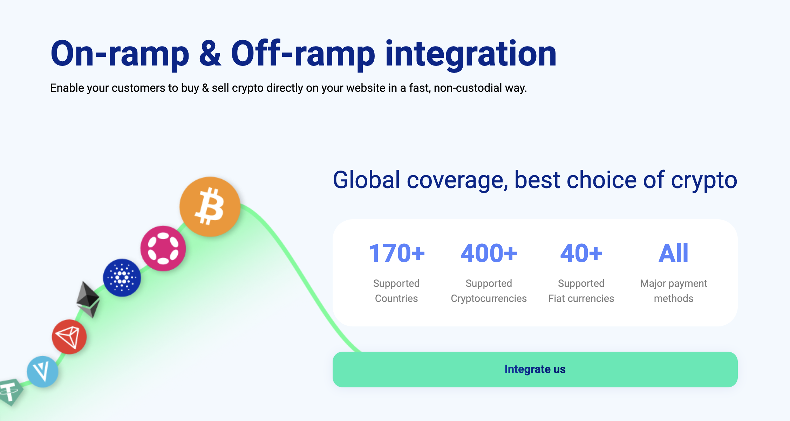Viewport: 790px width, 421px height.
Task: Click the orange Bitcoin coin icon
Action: [x=210, y=207]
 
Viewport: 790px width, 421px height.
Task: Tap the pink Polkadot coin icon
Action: [x=163, y=248]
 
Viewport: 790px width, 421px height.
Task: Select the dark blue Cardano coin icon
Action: [x=122, y=278]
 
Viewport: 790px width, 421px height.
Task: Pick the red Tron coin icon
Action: [x=69, y=337]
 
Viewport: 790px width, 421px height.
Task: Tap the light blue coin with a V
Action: [x=42, y=372]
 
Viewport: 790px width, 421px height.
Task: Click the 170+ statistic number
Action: [x=396, y=253]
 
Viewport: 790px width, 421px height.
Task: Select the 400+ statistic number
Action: [x=489, y=253]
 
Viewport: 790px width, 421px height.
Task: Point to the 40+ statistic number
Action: [x=581, y=253]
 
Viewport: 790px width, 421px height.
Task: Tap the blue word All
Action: [x=673, y=253]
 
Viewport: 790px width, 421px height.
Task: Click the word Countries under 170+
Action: [x=396, y=298]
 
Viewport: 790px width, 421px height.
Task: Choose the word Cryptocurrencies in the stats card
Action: [x=489, y=299]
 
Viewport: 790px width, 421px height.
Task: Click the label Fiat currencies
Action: [x=581, y=298]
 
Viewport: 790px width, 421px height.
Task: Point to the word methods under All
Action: [x=674, y=298]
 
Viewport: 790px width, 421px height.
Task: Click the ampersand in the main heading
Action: [x=210, y=53]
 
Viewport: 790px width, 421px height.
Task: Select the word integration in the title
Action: [x=471, y=54]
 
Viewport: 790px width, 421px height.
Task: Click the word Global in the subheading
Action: [x=366, y=180]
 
